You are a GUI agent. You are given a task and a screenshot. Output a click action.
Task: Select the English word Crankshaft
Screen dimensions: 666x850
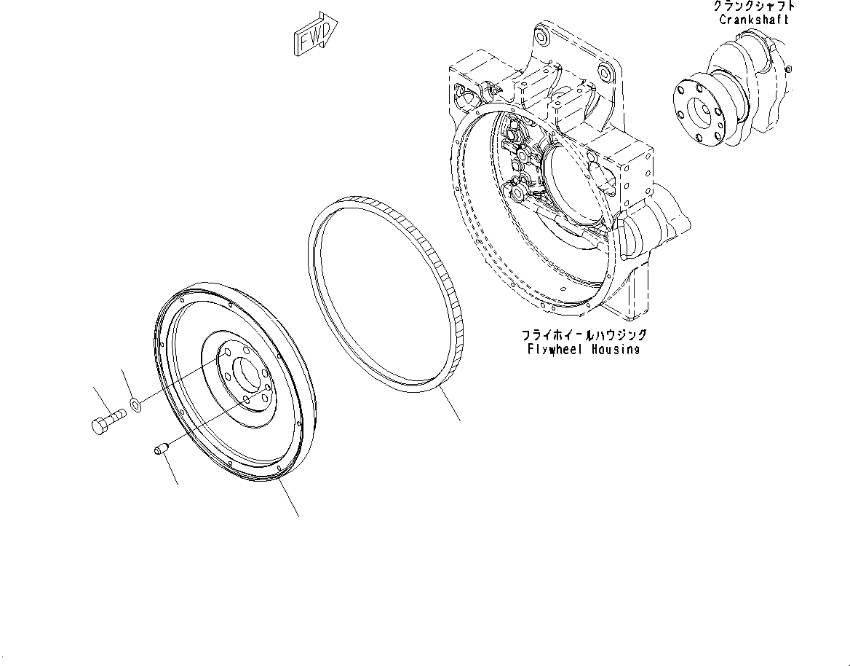pyautogui.click(x=753, y=20)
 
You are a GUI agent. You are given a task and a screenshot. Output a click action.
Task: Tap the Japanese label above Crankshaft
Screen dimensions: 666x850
pyautogui.click(x=753, y=6)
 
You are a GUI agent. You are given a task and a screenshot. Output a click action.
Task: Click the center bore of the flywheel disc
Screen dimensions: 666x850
pyautogui.click(x=247, y=377)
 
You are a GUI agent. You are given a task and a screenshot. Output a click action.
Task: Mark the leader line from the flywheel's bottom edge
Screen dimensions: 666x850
pyautogui.click(x=288, y=499)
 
